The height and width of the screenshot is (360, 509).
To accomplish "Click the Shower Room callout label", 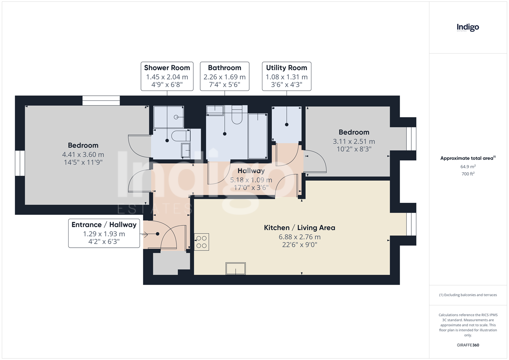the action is point(167,76).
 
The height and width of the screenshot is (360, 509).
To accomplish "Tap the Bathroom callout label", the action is point(224,76).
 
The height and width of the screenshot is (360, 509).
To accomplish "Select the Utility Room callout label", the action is point(287,76).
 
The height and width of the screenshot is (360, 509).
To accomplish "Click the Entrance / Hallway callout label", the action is point(104,233).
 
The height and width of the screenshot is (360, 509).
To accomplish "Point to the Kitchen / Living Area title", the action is point(299,228).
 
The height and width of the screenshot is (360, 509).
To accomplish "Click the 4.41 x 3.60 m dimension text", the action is point(83,155).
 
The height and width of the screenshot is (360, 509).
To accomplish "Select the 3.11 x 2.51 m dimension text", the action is point(354,141).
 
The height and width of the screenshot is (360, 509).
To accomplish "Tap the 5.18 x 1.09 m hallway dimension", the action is point(251,180).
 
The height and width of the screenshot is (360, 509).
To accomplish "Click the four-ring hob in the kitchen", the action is point(201,242).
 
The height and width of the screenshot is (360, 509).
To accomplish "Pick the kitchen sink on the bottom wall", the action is point(236,268).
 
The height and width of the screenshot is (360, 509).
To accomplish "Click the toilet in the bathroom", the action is point(237,115).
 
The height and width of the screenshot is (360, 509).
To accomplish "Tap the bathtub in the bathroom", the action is point(258,136).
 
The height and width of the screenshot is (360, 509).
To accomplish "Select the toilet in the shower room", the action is point(181,136).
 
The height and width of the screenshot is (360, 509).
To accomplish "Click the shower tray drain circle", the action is point(176,117).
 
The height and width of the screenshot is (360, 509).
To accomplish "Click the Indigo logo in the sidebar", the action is point(468,28).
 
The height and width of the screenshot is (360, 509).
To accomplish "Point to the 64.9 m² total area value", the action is point(468,167).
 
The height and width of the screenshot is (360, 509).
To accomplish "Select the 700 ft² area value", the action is point(468,174).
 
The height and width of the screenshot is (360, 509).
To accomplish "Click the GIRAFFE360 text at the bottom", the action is point(468,345).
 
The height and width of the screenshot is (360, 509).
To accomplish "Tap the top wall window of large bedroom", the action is point(101,101).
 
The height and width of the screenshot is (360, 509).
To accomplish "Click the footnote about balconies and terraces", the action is point(468,295).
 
